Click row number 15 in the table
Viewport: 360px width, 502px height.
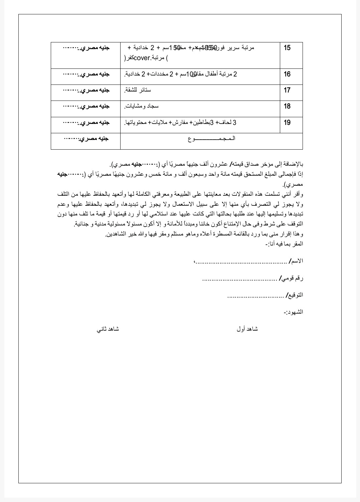tap(287, 48)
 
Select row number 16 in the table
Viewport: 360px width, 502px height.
tap(287, 74)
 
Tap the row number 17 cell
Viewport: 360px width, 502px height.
tap(287, 90)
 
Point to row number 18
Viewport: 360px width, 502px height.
tap(287, 106)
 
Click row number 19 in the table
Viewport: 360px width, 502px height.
tap(287, 123)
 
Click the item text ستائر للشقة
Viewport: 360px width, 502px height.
tap(138, 90)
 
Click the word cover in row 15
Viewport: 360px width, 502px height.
tap(142, 58)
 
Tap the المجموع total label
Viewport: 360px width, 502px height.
tap(211, 139)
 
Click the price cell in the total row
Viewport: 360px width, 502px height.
tap(86, 139)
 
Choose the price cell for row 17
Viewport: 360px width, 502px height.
tap(86, 90)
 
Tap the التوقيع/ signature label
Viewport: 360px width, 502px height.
tap(295, 295)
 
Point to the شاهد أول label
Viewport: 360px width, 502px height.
tap(247, 329)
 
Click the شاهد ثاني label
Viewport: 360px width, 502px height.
tap(108, 329)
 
